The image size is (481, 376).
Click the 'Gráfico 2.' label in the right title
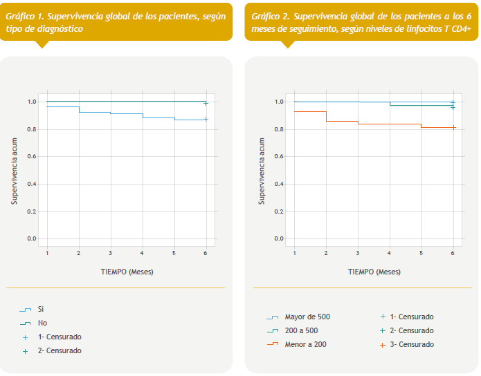[x=272, y=15]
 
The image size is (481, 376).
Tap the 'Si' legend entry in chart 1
[x=41, y=309]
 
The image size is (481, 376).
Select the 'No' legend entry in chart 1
[x=43, y=323]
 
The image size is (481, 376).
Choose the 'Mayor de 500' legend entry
[x=307, y=317]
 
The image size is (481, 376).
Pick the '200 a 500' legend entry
[x=301, y=330]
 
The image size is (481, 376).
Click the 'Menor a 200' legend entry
[x=305, y=344]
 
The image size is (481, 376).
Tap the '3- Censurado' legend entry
[x=412, y=344]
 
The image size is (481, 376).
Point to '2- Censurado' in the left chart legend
[x=60, y=350]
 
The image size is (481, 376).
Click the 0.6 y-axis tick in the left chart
[x=31, y=157]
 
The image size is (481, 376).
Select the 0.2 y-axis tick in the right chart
[x=279, y=211]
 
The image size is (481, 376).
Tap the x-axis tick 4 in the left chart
[x=143, y=254]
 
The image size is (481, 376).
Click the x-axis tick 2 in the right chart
[x=326, y=254]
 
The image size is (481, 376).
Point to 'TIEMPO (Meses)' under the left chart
[x=126, y=272]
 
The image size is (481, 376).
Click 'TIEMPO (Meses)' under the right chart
[x=374, y=272]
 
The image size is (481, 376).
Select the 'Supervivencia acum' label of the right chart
[x=262, y=169]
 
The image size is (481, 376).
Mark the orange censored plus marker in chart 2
[x=453, y=127]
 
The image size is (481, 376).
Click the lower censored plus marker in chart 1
[x=206, y=119]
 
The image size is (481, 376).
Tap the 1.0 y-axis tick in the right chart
[x=279, y=102]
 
